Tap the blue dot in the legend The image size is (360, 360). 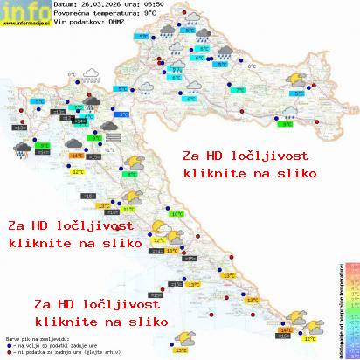click(x=8, y=343)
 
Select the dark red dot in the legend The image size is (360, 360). click(x=8, y=351)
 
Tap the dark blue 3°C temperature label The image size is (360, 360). click(x=123, y=114)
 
